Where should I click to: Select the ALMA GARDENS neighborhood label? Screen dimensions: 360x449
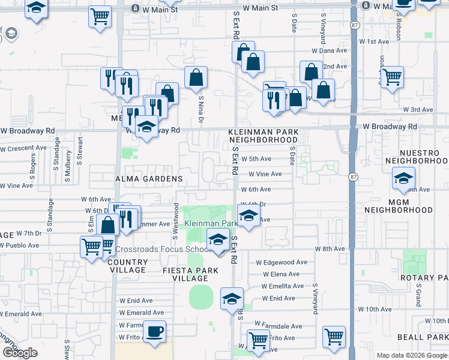pos(149,179)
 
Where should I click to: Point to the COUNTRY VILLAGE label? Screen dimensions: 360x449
pos(128,266)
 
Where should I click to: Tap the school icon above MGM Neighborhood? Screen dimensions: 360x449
pos(403,178)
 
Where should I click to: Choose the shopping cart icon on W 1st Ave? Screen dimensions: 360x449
pos(392,76)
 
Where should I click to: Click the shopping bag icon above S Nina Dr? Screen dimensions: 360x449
pos(196,77)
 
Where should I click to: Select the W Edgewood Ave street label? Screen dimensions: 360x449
pos(282,262)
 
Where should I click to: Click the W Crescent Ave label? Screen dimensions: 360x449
pos(24,148)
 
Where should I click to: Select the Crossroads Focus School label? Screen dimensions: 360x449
pos(162,249)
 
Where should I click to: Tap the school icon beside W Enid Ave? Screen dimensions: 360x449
pos(232,299)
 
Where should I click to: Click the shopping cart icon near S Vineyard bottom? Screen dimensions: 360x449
pos(334,337)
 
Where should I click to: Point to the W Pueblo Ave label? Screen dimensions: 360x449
pos(20,245)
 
